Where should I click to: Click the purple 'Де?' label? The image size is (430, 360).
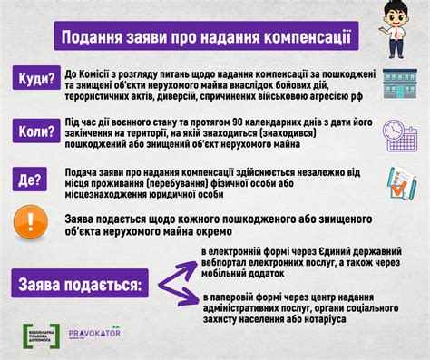point(30,180)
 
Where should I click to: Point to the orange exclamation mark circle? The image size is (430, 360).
point(30,223)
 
